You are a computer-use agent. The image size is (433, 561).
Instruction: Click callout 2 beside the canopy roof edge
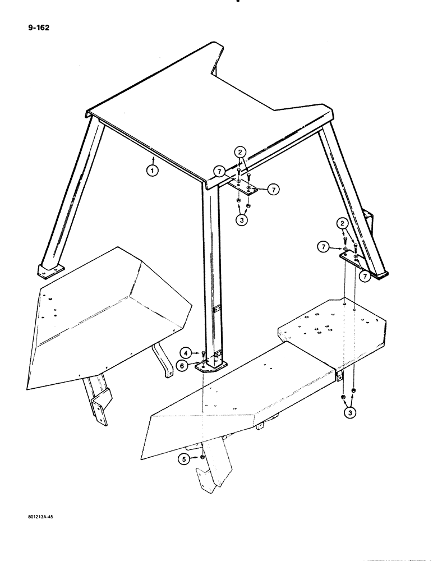point(239,152)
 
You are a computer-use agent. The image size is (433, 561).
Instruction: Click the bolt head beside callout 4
point(203,353)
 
